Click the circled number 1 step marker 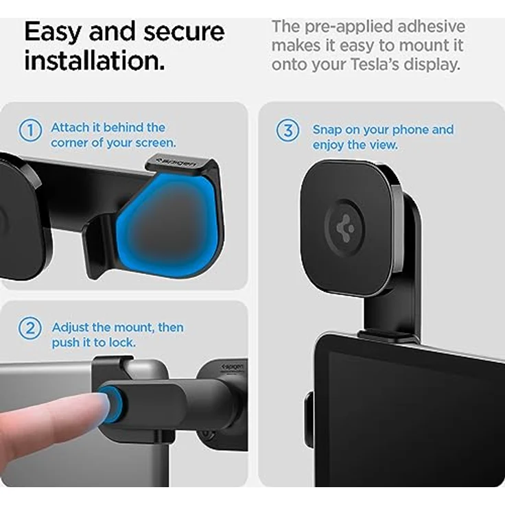click(30, 130)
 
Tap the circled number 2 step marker click(30, 328)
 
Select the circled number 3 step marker click(287, 130)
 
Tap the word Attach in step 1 click(71, 127)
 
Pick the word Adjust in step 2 click(72, 327)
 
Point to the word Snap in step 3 click(327, 130)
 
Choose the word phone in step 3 click(412, 130)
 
